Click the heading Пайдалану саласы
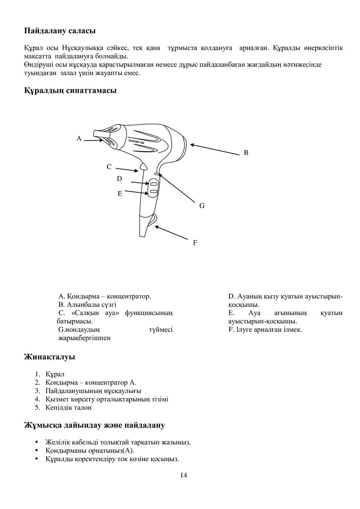coord(60,32)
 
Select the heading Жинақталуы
coord(50,357)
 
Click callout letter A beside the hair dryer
coord(79,138)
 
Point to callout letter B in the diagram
coord(245,152)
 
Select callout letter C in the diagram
coord(109,166)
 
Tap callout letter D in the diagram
coord(119,179)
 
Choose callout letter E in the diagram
coord(120,193)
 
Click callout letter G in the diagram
coord(202,206)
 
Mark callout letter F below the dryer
coord(195,243)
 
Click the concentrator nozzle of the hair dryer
coord(106,135)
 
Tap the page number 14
coord(183,475)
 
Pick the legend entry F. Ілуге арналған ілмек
coord(265,330)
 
